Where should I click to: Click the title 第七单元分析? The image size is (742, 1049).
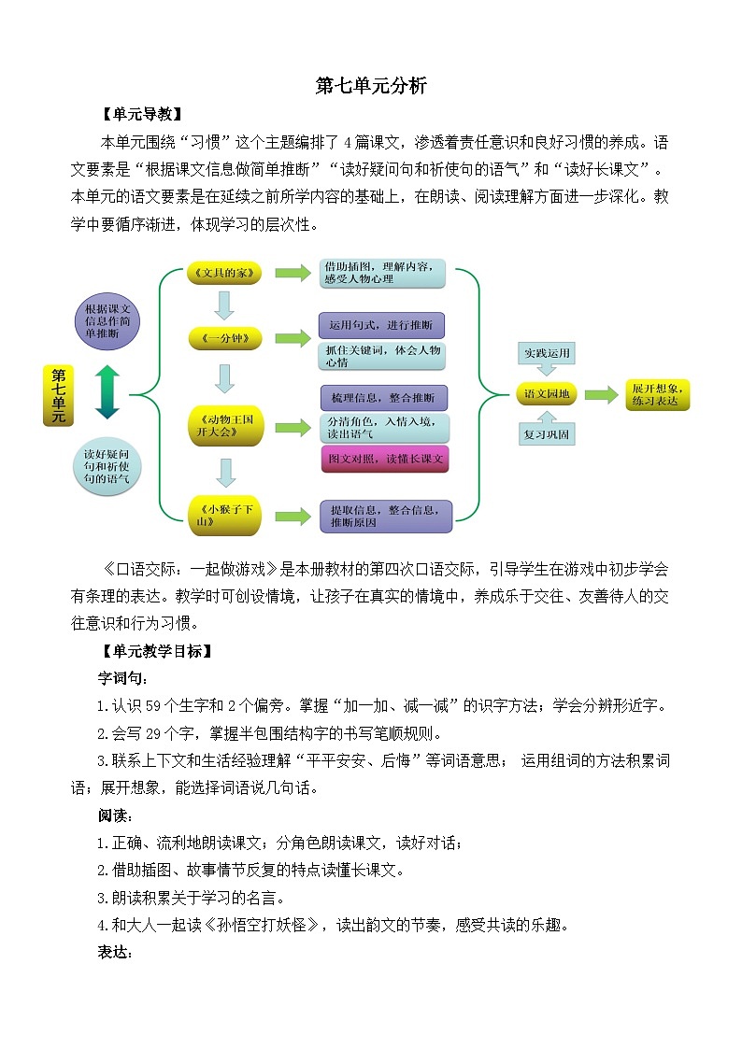371,86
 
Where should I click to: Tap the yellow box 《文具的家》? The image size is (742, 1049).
225,273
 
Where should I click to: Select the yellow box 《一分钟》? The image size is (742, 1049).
225,337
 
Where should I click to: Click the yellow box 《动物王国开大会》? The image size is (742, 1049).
225,426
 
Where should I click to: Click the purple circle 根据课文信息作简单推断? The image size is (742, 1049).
107,320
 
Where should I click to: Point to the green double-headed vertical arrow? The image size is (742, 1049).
107,392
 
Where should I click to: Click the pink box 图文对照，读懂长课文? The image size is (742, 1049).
384,459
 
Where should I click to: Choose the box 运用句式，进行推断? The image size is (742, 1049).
381,325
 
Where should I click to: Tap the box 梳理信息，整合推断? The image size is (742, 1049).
383,398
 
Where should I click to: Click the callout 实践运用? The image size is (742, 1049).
546,353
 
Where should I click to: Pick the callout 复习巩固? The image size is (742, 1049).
546,434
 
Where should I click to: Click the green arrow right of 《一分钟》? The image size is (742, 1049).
292,337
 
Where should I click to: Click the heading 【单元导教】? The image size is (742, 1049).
141,115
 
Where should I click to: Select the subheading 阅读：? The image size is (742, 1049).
117,815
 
